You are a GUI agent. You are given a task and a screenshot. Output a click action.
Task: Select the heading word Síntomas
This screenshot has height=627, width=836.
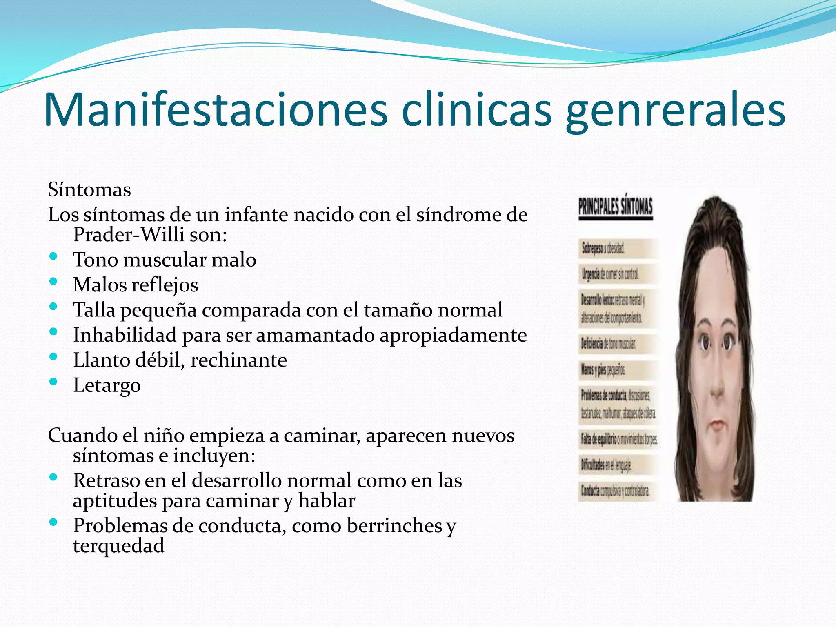coord(89,190)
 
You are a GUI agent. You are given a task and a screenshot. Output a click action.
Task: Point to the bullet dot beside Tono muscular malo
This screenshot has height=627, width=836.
coord(53,257)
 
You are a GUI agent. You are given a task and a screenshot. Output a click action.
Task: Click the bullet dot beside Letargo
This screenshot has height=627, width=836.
coord(53,382)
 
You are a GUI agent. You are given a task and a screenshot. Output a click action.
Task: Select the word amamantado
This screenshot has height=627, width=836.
coord(315,335)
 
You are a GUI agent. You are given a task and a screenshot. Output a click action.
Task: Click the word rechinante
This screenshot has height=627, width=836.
coord(239,360)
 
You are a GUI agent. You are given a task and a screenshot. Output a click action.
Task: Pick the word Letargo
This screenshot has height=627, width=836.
coord(107,385)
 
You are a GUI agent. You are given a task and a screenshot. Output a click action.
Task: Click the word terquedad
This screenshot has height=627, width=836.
coord(119,546)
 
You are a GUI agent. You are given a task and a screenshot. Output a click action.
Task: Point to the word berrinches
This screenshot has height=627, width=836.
coord(394,526)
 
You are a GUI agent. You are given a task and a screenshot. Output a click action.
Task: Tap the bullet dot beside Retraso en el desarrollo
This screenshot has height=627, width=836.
coord(53,477)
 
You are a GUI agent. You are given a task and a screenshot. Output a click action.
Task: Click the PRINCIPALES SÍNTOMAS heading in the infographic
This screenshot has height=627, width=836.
coord(616,207)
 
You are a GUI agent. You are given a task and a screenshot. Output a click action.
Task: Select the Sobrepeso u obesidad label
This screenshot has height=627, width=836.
coord(603,248)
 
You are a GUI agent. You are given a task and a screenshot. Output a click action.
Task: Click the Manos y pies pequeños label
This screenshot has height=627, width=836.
coord(603,370)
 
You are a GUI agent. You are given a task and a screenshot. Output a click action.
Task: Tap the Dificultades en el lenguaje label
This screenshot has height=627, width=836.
coord(606,465)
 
